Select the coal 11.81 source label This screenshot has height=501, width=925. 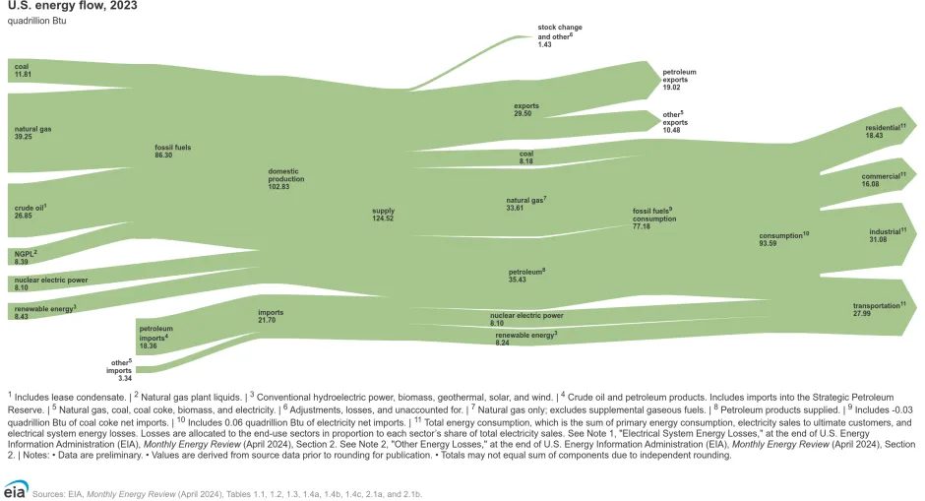click(x=23, y=71)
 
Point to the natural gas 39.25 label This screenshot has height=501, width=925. click(x=33, y=133)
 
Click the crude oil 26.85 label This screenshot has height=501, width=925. click(x=31, y=212)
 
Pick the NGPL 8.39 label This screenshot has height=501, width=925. click(x=26, y=257)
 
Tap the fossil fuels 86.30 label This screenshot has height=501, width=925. click(x=171, y=151)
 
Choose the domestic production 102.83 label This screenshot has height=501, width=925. click(x=286, y=179)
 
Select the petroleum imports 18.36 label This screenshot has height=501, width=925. click(x=155, y=337)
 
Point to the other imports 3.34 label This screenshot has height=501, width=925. click(x=119, y=369)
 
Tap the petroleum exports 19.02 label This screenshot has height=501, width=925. click(x=679, y=80)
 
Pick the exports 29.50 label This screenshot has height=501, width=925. click(x=526, y=109)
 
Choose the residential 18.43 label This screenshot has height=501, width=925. click(x=885, y=131)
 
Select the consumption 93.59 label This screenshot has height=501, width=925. click(x=783, y=239)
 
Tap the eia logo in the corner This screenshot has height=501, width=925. click(x=15, y=490)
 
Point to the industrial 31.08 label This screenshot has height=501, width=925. click(x=887, y=236)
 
